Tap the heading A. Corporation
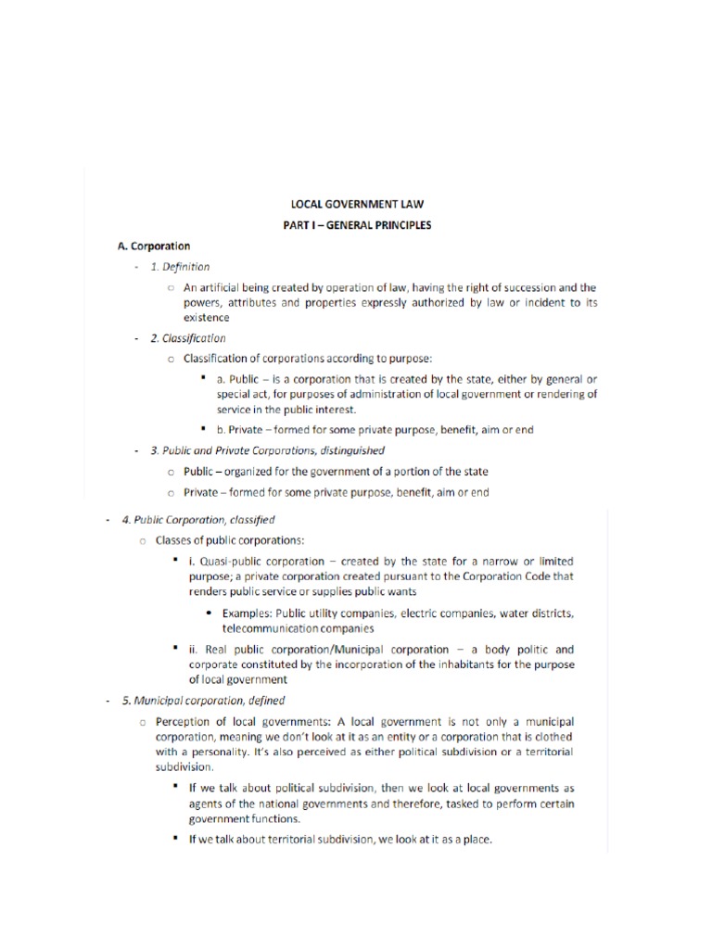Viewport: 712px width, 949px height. point(154,246)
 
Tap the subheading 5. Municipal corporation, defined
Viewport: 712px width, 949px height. point(203,701)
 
